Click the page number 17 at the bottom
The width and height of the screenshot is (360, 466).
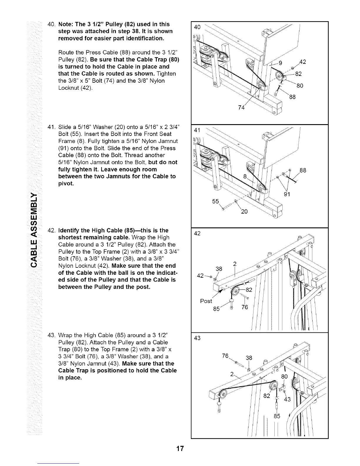pyautogui.click(x=180, y=449)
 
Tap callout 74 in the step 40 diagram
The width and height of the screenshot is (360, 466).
pyautogui.click(x=241, y=108)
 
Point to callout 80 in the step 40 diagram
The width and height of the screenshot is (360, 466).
pyautogui.click(x=299, y=86)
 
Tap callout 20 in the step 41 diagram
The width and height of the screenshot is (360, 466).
pyautogui.click(x=244, y=212)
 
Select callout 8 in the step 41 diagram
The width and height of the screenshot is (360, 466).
pyautogui.click(x=245, y=177)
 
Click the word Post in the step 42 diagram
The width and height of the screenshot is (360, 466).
pyautogui.click(x=206, y=301)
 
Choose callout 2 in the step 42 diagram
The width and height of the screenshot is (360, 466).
pyautogui.click(x=235, y=264)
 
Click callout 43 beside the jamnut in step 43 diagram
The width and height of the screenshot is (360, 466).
pyautogui.click(x=287, y=399)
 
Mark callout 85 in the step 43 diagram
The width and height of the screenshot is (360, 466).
pyautogui.click(x=277, y=416)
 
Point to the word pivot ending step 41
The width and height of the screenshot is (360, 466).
pyautogui.click(x=66, y=184)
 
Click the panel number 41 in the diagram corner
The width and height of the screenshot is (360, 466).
pyautogui.click(x=197, y=130)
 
